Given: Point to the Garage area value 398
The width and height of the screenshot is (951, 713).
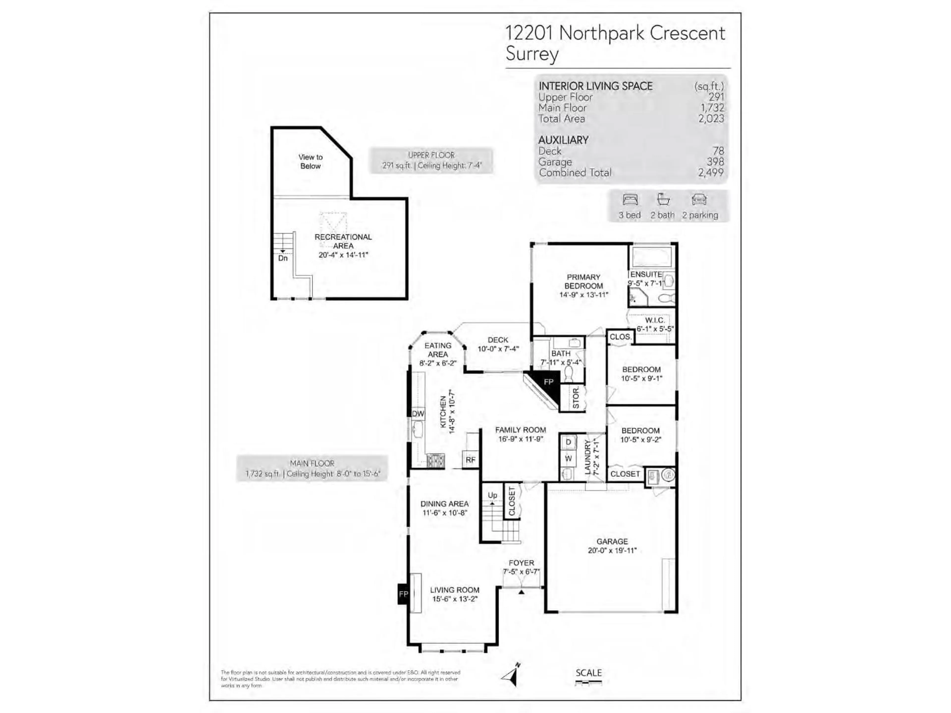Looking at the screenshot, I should (715, 162).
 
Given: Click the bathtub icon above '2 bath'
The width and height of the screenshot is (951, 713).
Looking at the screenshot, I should (663, 200).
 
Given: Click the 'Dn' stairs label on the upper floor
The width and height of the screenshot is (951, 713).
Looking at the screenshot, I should (283, 258).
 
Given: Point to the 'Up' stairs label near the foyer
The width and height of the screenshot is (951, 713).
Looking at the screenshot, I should (492, 495).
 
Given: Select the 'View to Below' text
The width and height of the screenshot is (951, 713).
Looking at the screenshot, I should (310, 162).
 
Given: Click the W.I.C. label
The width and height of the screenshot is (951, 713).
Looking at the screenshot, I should (655, 320).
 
